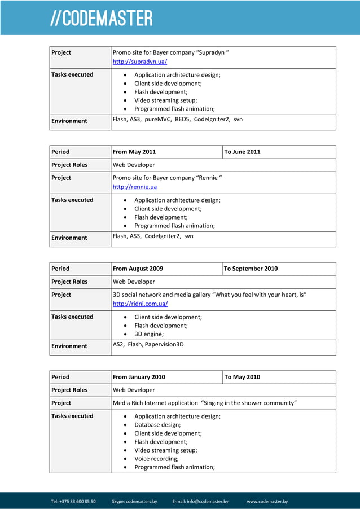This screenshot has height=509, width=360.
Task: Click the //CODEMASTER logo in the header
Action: coord(102,18)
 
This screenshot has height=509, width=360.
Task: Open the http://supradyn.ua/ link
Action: coord(139,62)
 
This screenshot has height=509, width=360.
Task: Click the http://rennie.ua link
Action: coord(135,187)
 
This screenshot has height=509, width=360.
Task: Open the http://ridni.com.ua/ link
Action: coord(140,304)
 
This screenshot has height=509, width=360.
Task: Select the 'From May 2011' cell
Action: coord(134,152)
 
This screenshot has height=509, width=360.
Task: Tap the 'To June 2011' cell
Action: coord(242,152)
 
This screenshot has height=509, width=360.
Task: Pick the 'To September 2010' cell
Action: coord(251,269)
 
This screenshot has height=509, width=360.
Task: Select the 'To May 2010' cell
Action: coord(242,377)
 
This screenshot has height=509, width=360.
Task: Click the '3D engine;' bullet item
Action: coord(149,334)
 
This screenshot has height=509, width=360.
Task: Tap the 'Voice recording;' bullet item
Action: coord(156,459)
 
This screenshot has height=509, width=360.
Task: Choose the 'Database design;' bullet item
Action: coord(157,425)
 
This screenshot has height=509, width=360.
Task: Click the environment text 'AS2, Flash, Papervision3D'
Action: coord(148,344)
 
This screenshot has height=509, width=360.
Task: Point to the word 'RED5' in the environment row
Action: coord(182,119)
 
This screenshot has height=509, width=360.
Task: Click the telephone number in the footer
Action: coord(73,501)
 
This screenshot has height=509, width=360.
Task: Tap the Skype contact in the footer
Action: coord(134,501)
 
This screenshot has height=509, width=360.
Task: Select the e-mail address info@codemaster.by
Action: coord(200,501)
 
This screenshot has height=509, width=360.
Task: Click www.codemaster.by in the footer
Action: coord(267,501)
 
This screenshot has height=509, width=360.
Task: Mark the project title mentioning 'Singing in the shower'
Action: coord(205,403)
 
